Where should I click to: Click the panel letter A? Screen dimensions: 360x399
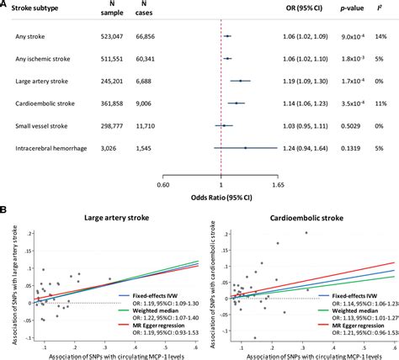click(4, 5)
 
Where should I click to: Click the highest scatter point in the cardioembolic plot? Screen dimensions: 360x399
click(306, 232)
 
